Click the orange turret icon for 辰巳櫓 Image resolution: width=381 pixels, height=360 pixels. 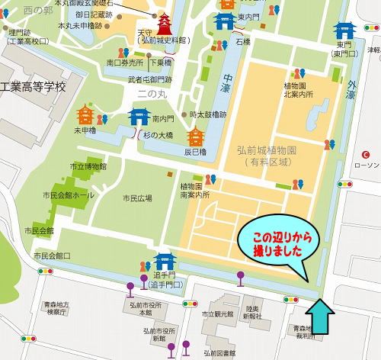coord(196,136)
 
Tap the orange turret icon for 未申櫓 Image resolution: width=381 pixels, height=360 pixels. coord(85,115)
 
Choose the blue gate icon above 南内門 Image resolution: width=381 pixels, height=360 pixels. coord(139,117)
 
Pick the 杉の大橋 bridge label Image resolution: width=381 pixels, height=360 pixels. coord(158,134)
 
